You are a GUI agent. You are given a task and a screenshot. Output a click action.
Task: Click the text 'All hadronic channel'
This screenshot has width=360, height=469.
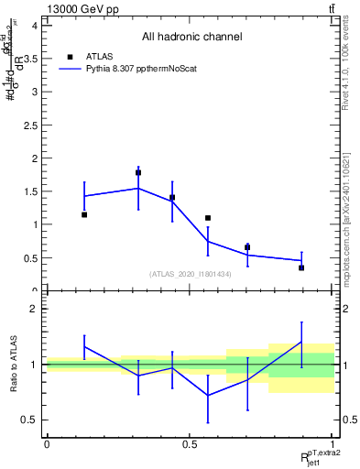click(191, 38)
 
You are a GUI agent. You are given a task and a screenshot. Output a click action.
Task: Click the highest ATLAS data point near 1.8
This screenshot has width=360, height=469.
click(138, 172)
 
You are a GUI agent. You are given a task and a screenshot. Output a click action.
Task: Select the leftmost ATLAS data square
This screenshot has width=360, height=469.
click(84, 214)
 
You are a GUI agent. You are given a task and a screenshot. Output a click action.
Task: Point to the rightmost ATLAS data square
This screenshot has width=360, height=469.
click(301, 267)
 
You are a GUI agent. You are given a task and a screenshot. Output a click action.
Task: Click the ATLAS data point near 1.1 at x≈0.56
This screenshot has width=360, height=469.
click(208, 218)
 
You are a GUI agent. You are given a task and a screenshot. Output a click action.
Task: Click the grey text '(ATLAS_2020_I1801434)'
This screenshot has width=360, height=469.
click(190, 274)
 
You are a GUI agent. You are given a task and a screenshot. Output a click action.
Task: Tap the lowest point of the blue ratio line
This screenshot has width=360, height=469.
click(208, 396)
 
